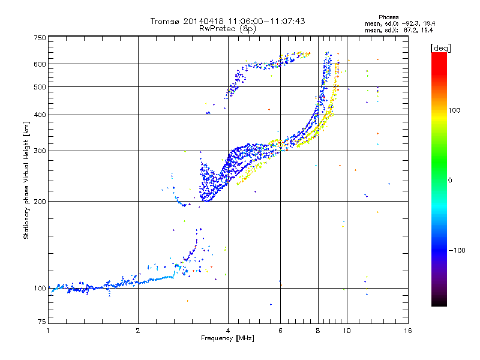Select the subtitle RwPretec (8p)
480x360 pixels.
(x=227, y=28)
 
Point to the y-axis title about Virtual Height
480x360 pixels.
(x=26, y=180)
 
